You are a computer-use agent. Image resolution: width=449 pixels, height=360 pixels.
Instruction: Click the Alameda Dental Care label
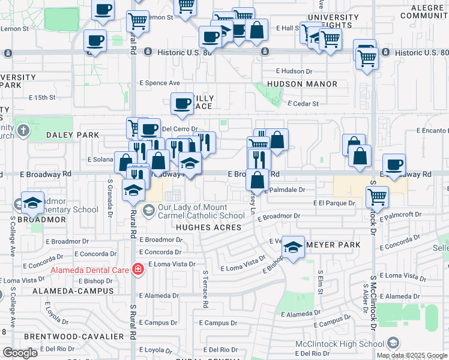[x=89, y=269]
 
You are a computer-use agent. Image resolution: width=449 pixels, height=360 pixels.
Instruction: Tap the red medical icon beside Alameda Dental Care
[x=137, y=269]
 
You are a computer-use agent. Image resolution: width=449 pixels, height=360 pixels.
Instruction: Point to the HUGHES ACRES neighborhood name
[x=208, y=227]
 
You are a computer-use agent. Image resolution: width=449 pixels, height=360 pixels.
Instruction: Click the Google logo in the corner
[x=20, y=353]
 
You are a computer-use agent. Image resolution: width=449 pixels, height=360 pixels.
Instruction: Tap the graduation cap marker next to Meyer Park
[x=292, y=247]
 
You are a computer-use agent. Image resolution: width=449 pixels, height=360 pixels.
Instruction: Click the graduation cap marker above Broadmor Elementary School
[x=32, y=202]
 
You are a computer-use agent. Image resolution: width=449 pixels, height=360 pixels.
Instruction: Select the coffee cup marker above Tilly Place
[x=182, y=104]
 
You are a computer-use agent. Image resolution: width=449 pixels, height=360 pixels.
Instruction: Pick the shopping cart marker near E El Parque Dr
[x=377, y=196]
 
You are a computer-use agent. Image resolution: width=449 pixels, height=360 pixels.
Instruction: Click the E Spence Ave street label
[x=160, y=83]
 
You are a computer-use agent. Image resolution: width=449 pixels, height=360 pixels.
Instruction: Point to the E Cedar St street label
[x=303, y=103]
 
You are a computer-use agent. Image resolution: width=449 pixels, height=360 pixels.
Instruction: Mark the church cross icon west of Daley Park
[x=22, y=130]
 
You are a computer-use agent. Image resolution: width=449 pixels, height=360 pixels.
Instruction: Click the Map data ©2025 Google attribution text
[x=411, y=355]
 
